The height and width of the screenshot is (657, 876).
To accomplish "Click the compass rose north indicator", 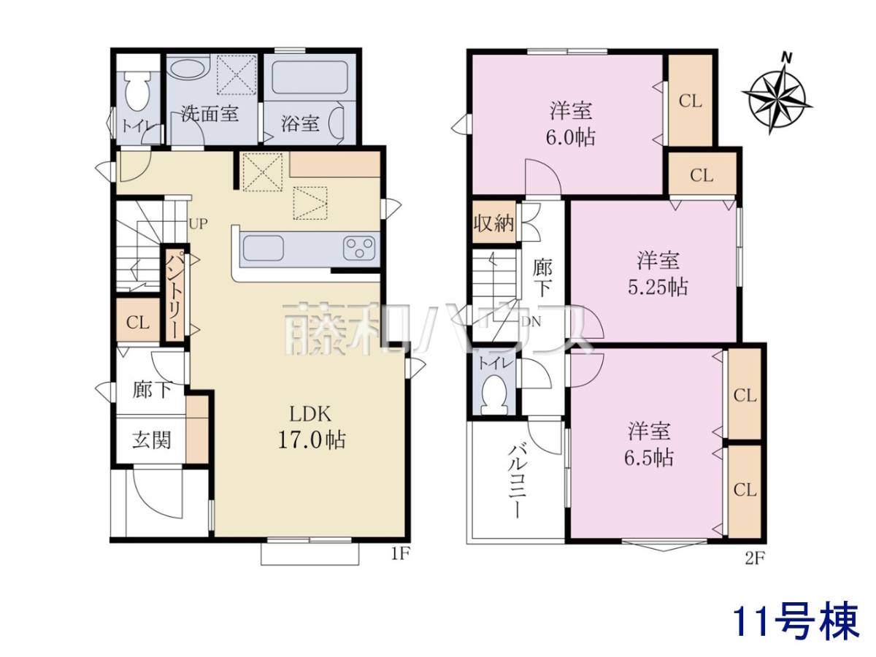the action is pos(777,99).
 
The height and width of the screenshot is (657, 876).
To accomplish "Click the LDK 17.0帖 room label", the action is pos(311,427).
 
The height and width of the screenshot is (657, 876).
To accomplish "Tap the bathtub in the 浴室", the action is pos(310,77).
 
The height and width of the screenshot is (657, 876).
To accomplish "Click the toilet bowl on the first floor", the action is pos(137,92).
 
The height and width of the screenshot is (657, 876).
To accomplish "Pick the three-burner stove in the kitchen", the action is pos(359,247).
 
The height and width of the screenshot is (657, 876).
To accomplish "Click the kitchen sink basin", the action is pos(264,247).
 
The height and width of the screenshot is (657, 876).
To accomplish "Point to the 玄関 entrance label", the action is pos(151,440).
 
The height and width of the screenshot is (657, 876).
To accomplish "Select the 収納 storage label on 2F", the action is pos(494,223).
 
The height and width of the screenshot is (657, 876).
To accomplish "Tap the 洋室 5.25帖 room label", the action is pos(658,273).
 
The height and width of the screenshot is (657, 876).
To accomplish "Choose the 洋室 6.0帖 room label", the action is pos(571,124).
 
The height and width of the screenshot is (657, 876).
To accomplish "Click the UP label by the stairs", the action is pos(198,224).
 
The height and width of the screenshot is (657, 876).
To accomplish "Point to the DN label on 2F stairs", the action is pos(531,321).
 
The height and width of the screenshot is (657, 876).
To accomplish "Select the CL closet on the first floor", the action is pos(138,322).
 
